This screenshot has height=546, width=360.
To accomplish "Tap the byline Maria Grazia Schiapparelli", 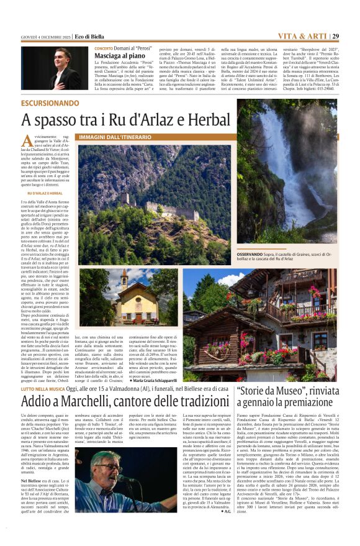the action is tap(151, 379).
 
